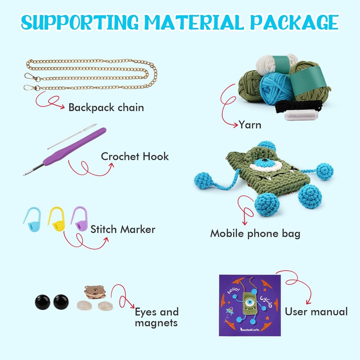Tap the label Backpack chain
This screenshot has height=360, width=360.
click(x=106, y=108)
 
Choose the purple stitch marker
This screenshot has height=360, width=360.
click(x=79, y=218)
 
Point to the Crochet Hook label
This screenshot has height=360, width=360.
click(x=135, y=157)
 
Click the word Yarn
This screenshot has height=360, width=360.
click(x=250, y=125)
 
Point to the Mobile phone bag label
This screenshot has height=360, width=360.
click(x=255, y=234)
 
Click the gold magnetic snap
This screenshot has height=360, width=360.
click(x=95, y=293)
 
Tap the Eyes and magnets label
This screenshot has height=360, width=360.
click(x=157, y=317)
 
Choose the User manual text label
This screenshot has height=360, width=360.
click(x=316, y=311)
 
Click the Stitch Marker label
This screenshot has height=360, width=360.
click(x=123, y=229)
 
